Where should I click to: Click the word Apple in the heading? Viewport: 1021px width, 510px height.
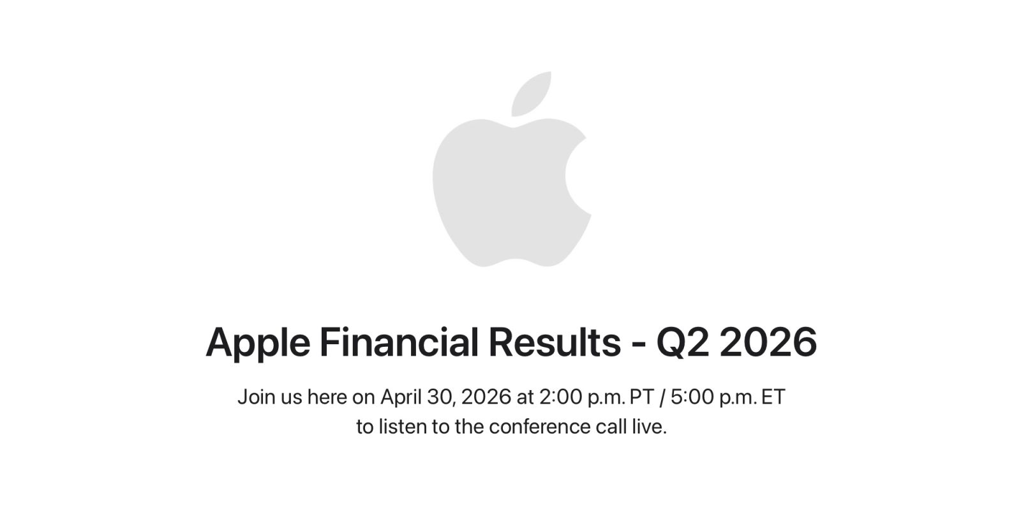(x=257, y=343)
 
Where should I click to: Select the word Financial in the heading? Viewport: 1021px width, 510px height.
(x=398, y=342)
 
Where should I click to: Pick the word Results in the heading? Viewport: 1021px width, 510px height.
(x=554, y=342)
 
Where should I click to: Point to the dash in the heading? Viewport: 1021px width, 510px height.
(x=638, y=344)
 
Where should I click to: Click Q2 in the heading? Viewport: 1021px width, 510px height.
(x=682, y=342)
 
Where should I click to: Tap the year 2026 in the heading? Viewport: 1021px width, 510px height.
(x=768, y=342)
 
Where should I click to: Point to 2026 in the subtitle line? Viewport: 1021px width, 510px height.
(x=486, y=397)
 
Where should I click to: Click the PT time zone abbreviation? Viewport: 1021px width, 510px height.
(x=641, y=397)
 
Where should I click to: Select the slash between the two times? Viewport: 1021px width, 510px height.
(x=662, y=397)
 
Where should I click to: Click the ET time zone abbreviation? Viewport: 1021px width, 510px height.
(x=773, y=397)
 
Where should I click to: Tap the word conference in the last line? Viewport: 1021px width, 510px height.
(x=540, y=426)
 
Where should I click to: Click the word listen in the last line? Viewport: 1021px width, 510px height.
(x=403, y=426)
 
